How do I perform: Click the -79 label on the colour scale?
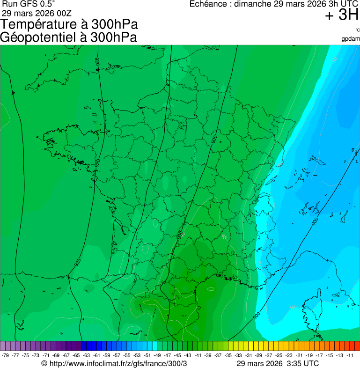click(x=5, y=355)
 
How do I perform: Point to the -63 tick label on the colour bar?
click(x=87, y=355)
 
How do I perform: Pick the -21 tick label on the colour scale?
click(x=299, y=355)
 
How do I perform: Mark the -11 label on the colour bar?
click(x=350, y=355)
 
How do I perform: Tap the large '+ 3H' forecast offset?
click(x=342, y=15)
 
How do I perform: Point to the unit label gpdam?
click(x=351, y=38)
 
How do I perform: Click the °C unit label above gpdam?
click(x=357, y=30)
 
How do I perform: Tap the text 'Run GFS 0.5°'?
click(x=29, y=4)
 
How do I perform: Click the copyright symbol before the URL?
click(x=44, y=364)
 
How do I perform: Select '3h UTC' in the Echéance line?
click(x=344, y=4)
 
